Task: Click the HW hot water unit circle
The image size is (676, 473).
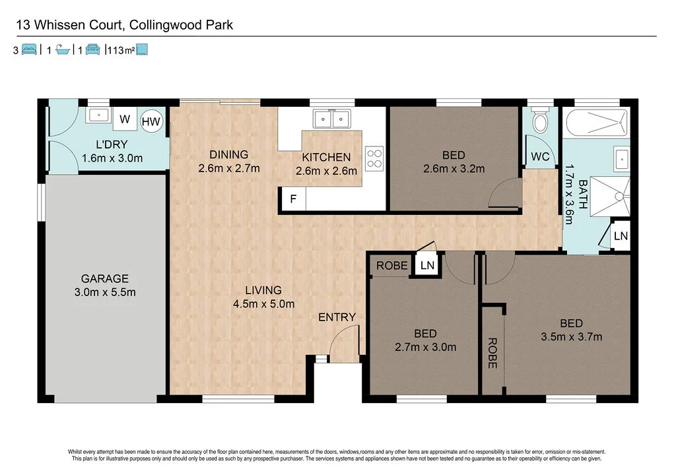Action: pyautogui.click(x=152, y=121)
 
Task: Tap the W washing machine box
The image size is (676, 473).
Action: pyautogui.click(x=124, y=119)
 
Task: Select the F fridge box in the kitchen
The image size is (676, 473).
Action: pyautogui.click(x=292, y=199)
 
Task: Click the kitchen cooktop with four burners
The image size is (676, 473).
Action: pyautogui.click(x=374, y=158)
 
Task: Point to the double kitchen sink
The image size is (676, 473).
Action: pyautogui.click(x=331, y=119)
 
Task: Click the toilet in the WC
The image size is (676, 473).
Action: pyautogui.click(x=540, y=121)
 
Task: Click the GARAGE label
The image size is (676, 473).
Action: pyautogui.click(x=104, y=278)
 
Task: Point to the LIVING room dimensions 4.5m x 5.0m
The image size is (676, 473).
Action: pyautogui.click(x=263, y=303)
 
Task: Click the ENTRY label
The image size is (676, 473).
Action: pyautogui.click(x=337, y=317)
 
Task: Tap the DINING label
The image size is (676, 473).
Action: pyautogui.click(x=228, y=155)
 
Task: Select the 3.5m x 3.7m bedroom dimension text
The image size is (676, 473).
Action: pyautogui.click(x=571, y=337)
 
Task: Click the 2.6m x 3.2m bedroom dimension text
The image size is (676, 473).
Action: pyautogui.click(x=454, y=168)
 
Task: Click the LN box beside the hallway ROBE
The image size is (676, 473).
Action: pyautogui.click(x=427, y=265)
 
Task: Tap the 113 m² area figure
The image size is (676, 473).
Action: pyautogui.click(x=120, y=50)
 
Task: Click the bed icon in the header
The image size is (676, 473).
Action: pyautogui.click(x=29, y=49)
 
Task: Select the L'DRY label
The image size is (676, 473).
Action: pyautogui.click(x=112, y=144)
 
